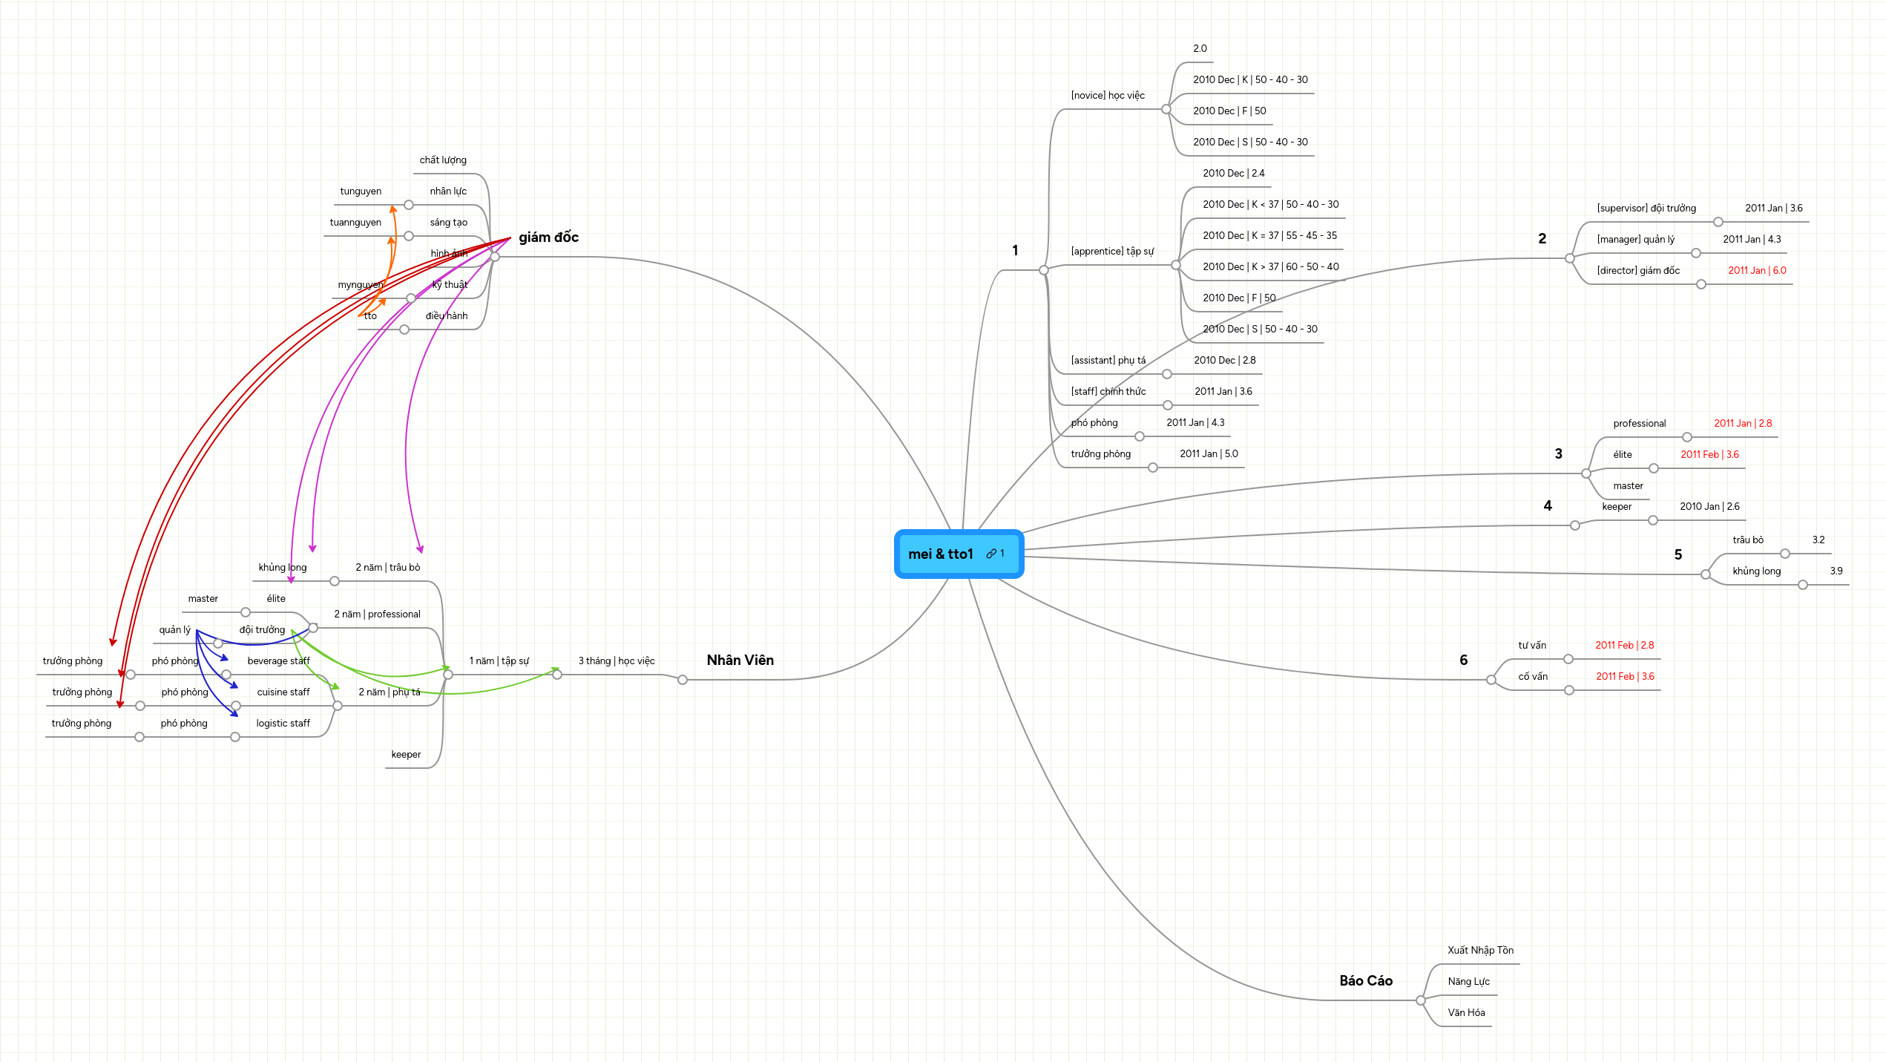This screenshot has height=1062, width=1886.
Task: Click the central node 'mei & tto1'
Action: tap(940, 554)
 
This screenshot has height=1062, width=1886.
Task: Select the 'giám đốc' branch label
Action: tap(548, 237)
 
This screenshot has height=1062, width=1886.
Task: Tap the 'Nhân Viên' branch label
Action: tap(740, 661)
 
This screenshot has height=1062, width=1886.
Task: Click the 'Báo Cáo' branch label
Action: tap(1366, 981)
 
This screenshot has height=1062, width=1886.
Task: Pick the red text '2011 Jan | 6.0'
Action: tap(1757, 271)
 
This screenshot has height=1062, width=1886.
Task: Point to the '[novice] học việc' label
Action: tap(1108, 96)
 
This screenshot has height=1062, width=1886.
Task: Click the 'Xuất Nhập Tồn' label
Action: tap(1480, 951)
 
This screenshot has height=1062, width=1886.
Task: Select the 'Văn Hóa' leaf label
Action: tap(1466, 1013)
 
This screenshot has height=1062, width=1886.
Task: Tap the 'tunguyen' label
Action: tap(361, 191)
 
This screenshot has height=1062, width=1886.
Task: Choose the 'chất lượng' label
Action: tap(443, 160)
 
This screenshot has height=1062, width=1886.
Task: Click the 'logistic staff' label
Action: tap(283, 724)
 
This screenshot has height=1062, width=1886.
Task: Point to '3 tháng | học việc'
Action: tap(617, 661)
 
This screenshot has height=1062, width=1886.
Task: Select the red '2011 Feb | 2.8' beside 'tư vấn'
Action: tap(1624, 646)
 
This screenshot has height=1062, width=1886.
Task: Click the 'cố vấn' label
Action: tap(1533, 677)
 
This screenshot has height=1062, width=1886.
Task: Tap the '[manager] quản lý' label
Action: tap(1635, 240)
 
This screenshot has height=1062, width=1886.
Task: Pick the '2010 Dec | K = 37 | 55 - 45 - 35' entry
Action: tap(1269, 236)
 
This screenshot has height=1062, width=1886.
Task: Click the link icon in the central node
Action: tap(991, 554)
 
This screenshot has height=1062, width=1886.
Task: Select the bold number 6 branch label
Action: tap(1463, 661)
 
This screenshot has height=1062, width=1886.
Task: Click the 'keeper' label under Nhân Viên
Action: tap(406, 755)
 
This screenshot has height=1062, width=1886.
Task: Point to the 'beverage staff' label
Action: tap(278, 661)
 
